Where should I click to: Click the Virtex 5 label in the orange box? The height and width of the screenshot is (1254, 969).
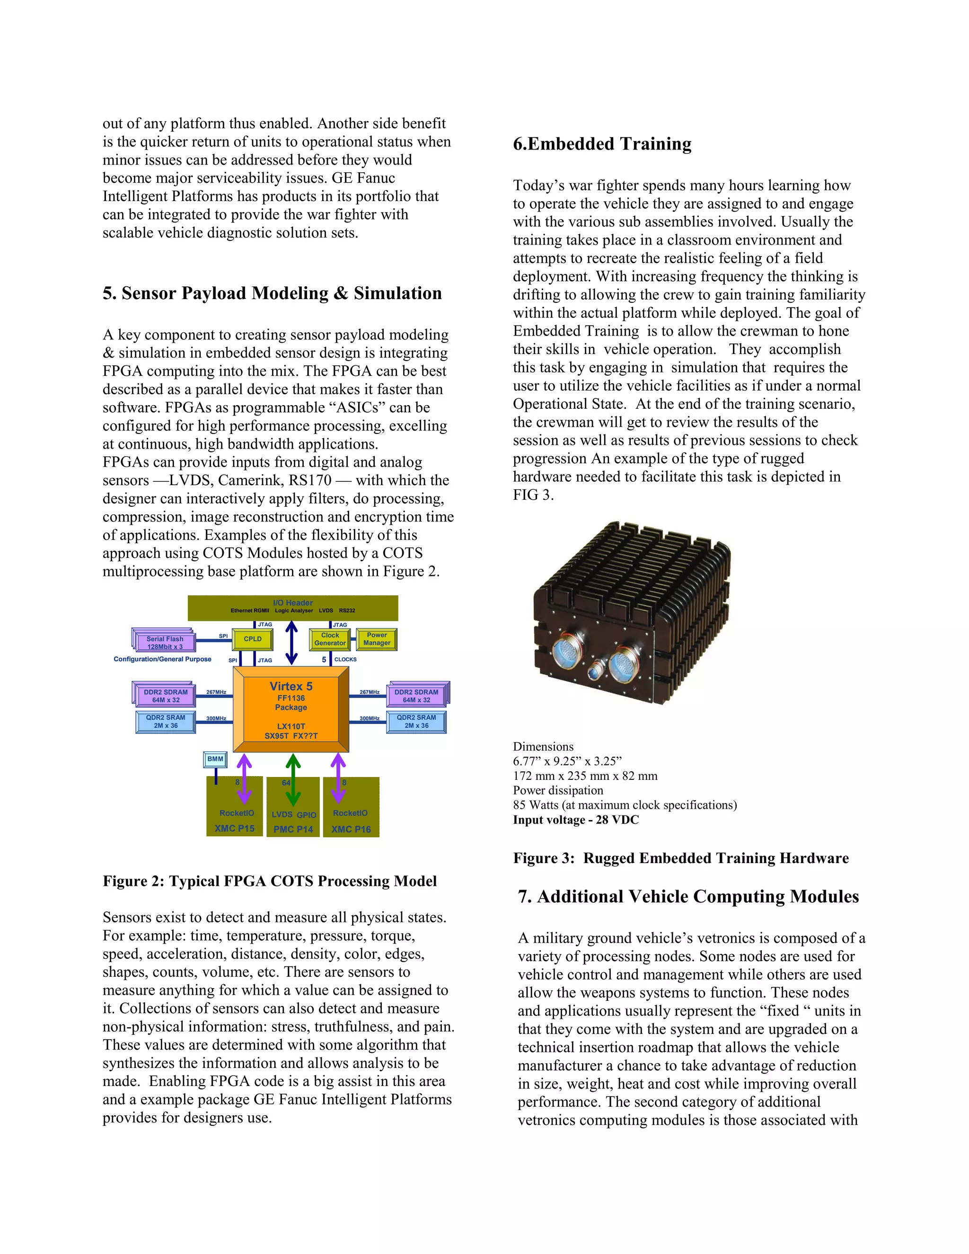(x=291, y=686)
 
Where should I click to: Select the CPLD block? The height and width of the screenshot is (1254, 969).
(x=253, y=639)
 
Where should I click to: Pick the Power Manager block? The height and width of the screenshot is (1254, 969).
(x=377, y=639)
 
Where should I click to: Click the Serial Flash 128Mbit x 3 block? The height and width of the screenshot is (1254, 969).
(x=165, y=643)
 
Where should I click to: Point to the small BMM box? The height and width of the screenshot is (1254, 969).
(x=215, y=759)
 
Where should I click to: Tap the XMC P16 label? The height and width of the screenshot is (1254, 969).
(x=351, y=829)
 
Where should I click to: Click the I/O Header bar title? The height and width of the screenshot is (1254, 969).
(x=293, y=603)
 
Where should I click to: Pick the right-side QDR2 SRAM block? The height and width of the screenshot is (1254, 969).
(x=416, y=722)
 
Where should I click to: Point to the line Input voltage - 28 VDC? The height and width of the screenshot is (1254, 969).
(x=575, y=820)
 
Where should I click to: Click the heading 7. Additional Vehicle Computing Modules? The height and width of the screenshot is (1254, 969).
(x=687, y=897)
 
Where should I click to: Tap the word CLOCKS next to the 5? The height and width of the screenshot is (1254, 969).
(x=345, y=660)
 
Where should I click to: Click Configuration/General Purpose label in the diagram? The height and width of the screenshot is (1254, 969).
(x=162, y=659)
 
